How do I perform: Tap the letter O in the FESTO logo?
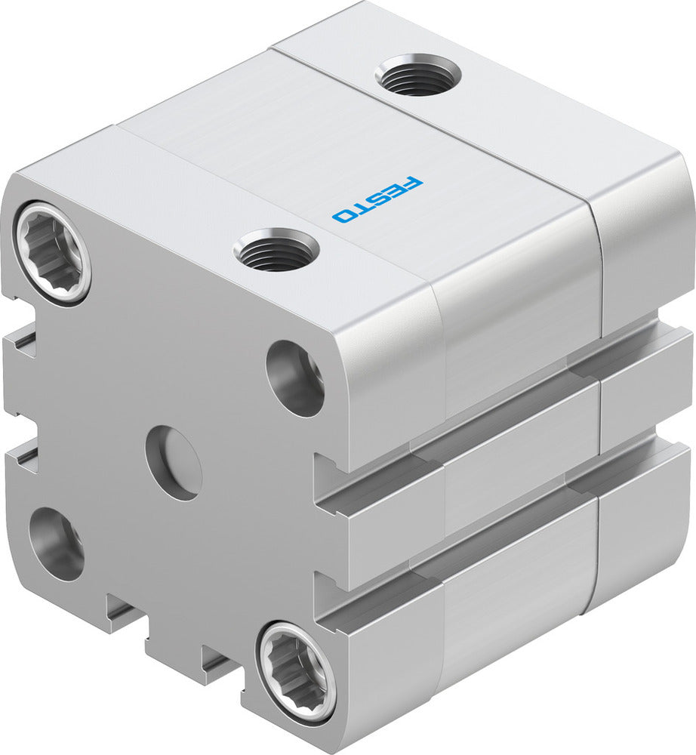click(344, 216)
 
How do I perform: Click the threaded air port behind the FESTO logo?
click(417, 77)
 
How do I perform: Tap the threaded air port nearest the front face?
click(276, 250)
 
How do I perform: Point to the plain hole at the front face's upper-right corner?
click(295, 378)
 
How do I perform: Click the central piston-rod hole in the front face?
click(174, 462)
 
